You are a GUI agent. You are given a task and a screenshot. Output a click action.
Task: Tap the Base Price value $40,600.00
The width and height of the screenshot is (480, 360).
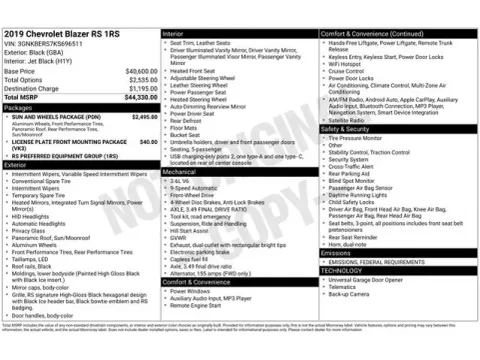pyautogui.click(x=140, y=72)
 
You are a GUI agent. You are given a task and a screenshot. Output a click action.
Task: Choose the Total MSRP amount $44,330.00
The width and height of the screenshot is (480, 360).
pyautogui.click(x=140, y=97)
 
